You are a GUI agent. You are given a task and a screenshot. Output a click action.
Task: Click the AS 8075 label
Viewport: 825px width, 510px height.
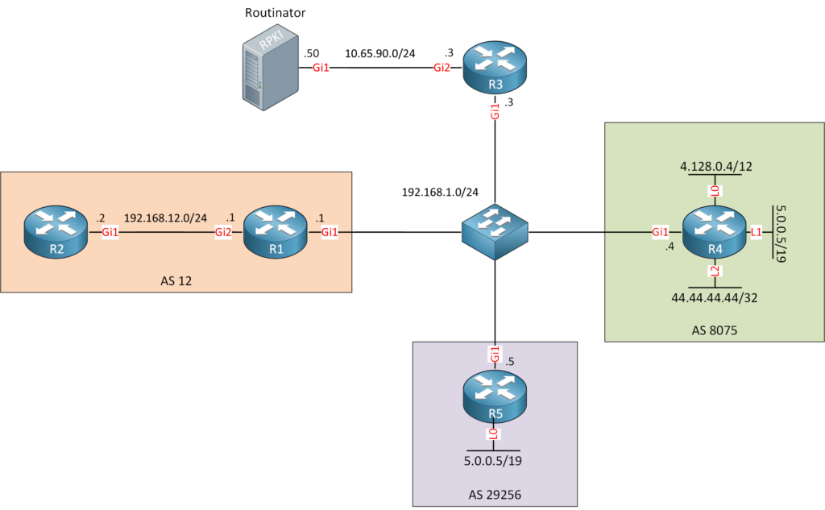click(x=715, y=330)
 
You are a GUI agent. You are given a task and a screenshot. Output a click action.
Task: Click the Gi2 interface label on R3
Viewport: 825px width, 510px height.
click(x=442, y=68)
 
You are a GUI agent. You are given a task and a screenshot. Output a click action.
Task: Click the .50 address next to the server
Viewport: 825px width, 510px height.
click(x=311, y=53)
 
